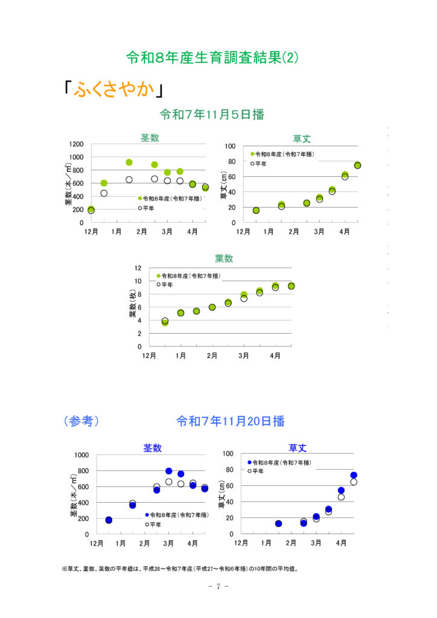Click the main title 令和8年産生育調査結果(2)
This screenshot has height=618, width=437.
(x=212, y=57)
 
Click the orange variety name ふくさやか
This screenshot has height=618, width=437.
(x=114, y=89)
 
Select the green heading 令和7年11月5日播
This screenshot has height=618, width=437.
(x=212, y=114)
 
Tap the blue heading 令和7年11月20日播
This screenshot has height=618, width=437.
(x=231, y=421)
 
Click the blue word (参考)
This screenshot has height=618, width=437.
(x=81, y=421)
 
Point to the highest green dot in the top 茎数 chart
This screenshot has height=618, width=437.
(x=129, y=162)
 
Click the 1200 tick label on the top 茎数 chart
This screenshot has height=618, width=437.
(x=76, y=144)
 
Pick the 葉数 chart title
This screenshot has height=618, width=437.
(x=224, y=258)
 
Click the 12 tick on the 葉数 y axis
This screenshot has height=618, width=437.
(x=138, y=268)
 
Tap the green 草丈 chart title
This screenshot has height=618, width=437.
(x=302, y=139)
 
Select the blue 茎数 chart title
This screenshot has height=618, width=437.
(x=153, y=448)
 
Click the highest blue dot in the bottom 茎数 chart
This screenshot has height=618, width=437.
(x=168, y=471)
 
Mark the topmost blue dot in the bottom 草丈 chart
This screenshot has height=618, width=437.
(x=354, y=476)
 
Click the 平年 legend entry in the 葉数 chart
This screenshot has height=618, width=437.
(x=165, y=285)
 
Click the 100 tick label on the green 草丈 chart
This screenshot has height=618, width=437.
(x=230, y=146)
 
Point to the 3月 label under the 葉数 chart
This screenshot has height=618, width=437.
(x=243, y=355)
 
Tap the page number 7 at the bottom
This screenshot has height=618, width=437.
(x=218, y=587)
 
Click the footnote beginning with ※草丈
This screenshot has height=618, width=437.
(x=180, y=569)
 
